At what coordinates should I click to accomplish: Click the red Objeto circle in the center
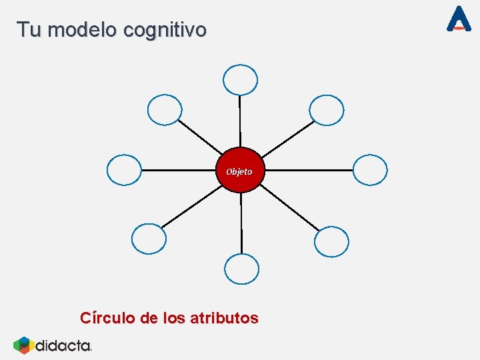click(240, 171)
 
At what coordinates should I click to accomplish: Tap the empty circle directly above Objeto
click(240, 80)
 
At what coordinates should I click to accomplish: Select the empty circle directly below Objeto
click(241, 269)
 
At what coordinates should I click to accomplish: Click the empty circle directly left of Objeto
click(124, 169)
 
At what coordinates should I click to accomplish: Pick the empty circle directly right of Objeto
click(370, 170)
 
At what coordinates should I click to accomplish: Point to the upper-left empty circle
click(165, 110)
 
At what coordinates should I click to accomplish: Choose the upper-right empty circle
click(327, 110)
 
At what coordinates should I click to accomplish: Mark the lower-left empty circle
click(149, 239)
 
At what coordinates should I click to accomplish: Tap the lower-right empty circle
click(331, 241)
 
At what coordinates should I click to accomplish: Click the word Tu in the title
click(29, 30)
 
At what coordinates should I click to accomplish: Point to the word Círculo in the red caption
click(107, 318)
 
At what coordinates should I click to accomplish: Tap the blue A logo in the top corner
click(459, 19)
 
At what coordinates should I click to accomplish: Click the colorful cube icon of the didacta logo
click(23, 345)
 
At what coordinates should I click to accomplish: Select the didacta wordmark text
click(63, 345)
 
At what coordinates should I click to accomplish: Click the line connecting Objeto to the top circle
click(240, 120)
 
